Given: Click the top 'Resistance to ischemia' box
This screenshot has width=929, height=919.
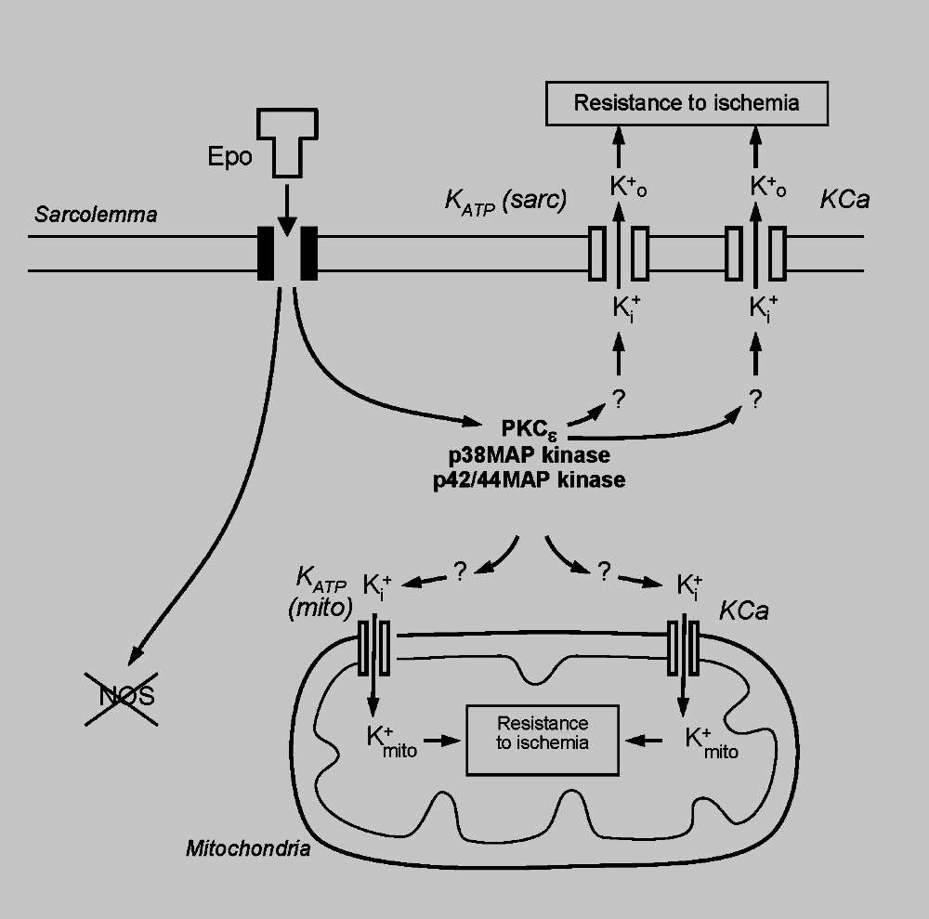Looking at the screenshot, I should pos(686,102).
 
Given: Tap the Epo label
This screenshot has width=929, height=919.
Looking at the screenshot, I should pos(230,156).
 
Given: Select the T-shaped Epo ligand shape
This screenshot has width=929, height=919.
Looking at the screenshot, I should pos(288,139).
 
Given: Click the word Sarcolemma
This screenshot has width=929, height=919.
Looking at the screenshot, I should pos(96,215).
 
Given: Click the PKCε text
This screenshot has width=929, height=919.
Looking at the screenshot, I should pos(532,430).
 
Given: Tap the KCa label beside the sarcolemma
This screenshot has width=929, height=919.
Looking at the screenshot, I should pos(844,199).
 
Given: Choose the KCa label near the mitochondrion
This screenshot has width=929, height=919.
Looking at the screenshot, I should pos(743,612).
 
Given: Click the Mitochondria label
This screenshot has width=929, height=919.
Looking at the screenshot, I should pos(247,847).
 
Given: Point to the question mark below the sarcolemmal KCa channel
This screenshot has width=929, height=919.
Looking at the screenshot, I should pos(755,400).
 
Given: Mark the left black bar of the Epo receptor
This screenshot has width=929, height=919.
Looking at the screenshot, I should pos(266,252).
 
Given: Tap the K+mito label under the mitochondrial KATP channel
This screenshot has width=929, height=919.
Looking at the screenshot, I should pos(392,741).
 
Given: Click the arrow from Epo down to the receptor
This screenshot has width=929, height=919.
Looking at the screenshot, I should pos(288,208).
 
